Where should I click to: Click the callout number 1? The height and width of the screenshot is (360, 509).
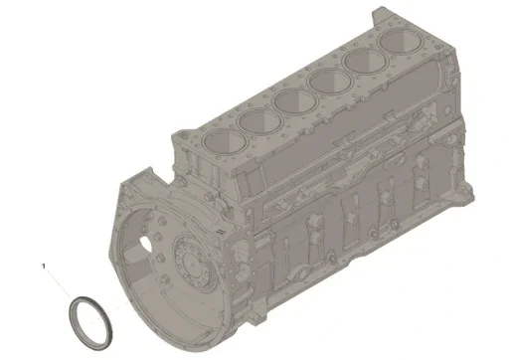(x=43, y=266)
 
